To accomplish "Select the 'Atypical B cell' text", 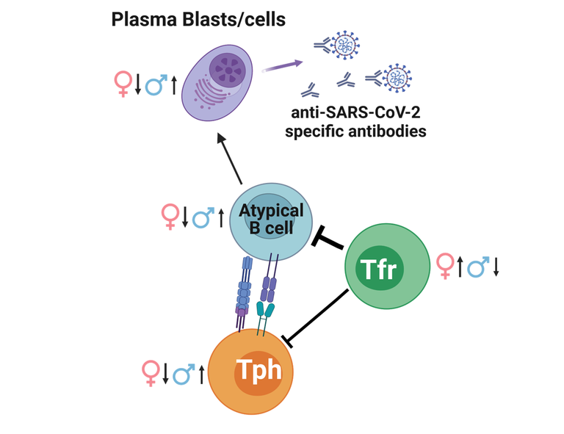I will pyautogui.click(x=271, y=217).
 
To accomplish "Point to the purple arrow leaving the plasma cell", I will pyautogui.click(x=283, y=65).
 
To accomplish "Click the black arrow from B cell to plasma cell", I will pyautogui.click(x=231, y=159).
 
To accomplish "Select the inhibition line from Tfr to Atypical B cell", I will pyautogui.click(x=330, y=241).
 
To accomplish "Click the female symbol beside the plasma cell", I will pyautogui.click(x=123, y=84).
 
